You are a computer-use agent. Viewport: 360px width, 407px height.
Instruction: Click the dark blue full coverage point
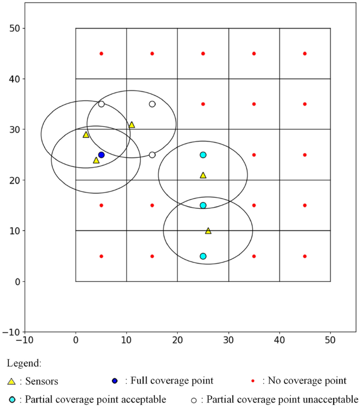click(x=101, y=155)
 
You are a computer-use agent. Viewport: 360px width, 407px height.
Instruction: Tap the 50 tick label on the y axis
click(x=15, y=28)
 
